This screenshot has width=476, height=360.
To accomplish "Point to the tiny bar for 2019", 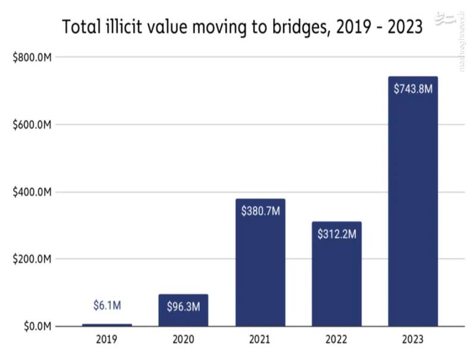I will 107,325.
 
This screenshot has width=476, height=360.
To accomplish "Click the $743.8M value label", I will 413,89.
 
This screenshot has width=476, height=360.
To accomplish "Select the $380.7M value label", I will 260,211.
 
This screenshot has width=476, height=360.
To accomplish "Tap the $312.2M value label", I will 336,234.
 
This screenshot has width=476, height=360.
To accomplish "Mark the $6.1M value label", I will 107,306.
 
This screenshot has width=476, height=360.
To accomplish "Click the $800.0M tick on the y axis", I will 32,57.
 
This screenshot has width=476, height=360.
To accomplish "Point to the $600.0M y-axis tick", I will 32,125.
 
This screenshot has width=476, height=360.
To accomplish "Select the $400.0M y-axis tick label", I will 32,192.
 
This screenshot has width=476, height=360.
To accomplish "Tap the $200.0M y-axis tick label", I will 32,259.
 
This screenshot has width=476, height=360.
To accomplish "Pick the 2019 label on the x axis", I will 107,340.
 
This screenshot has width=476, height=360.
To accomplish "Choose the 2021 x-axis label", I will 260,340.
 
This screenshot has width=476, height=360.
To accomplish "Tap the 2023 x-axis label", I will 413,340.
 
